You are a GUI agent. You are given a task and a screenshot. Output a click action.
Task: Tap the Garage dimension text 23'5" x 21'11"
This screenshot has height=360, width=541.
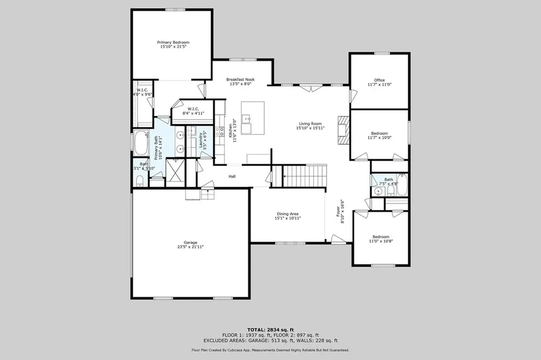[x=191, y=247]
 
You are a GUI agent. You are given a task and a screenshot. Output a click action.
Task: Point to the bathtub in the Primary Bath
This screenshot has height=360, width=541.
[x=141, y=143]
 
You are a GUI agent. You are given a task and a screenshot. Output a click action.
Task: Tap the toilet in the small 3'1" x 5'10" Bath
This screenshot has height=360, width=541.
[x=140, y=181]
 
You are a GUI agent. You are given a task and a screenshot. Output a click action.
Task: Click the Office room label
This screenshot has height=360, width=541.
[x=379, y=80]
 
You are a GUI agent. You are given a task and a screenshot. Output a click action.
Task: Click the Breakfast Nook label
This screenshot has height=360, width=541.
[x=240, y=79]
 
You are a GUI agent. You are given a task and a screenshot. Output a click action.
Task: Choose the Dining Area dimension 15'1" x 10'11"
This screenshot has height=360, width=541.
[x=288, y=218]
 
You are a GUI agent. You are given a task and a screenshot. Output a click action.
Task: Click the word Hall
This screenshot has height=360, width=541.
[x=232, y=177]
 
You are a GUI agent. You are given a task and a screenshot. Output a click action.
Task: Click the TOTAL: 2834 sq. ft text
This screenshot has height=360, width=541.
[x=270, y=329]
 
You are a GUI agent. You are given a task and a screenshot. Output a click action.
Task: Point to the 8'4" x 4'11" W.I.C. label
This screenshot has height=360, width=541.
[x=193, y=113]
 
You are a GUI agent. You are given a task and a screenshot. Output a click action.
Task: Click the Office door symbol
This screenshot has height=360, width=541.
[x=353, y=96]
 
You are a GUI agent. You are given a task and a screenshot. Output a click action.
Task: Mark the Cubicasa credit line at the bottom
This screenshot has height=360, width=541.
[x=270, y=350]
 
